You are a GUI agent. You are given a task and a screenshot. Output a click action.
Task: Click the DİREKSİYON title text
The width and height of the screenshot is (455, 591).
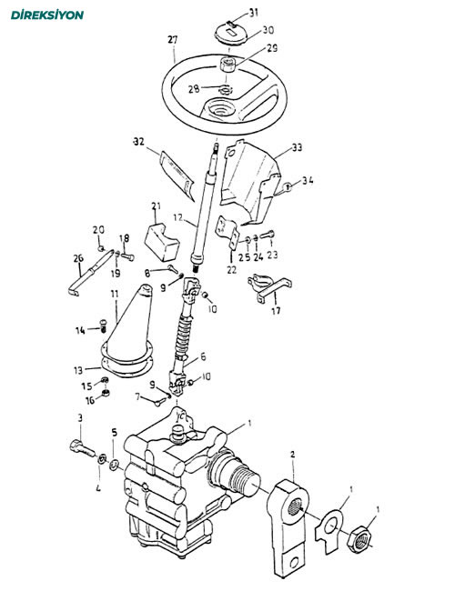point(47,15)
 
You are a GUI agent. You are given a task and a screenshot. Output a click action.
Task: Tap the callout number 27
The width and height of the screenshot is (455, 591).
point(172,40)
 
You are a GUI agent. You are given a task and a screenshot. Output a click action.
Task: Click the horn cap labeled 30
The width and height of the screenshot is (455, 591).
point(230,34)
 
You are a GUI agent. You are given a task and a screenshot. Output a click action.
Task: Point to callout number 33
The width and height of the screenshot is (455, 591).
point(298,147)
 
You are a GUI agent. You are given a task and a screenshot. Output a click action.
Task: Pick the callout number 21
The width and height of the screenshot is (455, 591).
point(157,206)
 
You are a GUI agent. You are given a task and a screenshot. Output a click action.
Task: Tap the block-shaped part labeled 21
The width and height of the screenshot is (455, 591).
point(162,242)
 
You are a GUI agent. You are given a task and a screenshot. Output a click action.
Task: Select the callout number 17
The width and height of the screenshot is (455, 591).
point(276,311)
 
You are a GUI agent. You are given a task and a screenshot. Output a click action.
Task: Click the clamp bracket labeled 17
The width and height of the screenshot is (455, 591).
point(269,288)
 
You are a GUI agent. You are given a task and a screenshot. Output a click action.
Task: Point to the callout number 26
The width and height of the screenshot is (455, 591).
point(78,258)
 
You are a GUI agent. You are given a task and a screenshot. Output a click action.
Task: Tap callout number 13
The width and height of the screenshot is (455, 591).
point(78,370)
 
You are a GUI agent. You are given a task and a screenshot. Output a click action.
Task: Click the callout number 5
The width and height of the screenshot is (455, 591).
point(115,432)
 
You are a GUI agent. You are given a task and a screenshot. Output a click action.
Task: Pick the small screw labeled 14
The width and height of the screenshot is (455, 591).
point(104,326)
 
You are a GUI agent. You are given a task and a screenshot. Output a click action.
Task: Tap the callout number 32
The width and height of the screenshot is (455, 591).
point(139,142)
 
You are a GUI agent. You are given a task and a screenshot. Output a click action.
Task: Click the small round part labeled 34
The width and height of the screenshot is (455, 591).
point(288,186)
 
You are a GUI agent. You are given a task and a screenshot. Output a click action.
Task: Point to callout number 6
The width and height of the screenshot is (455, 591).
point(203,356)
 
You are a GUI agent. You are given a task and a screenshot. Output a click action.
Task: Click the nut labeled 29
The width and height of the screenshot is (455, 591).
point(227,64)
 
